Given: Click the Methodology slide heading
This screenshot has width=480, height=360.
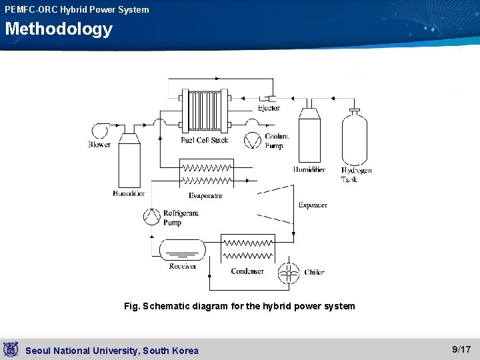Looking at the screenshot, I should pos(59,29).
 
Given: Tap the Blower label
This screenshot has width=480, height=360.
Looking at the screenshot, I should pos(99,145).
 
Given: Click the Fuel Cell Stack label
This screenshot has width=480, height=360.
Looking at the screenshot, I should pos(204,140).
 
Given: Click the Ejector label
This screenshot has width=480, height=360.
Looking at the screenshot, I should pos(269,108).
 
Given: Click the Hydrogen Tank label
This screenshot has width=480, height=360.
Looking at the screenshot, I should pos(356,175).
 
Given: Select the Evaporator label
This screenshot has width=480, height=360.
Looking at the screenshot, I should pos(205,196).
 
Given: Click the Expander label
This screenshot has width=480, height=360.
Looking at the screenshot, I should pos(313,205).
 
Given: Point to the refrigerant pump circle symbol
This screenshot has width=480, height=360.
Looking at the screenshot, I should pos(152,217).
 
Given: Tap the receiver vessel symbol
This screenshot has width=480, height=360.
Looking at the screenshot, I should pos(182,251).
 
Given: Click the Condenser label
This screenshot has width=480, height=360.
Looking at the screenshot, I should pos(247,271).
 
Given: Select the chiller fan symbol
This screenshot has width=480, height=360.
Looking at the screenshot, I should pos(289,273).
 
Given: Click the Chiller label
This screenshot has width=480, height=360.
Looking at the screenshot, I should pos(315,272).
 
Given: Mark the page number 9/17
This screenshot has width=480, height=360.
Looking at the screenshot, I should pos(461,349).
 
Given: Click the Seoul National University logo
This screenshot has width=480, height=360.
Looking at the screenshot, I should pos(10,349).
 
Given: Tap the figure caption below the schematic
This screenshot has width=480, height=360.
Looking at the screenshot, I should pos(239,306).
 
